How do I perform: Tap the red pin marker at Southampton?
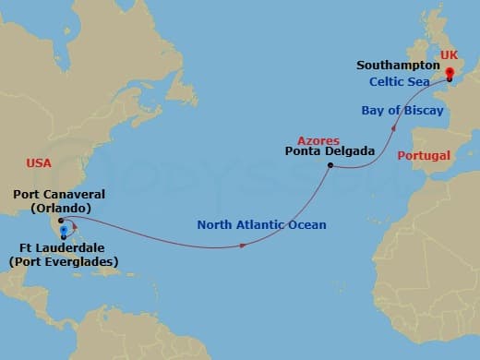click(x=450, y=73)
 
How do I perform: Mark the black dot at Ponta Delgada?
click(x=330, y=166)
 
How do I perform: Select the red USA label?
click(x=39, y=162)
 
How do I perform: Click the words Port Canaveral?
click(x=59, y=195)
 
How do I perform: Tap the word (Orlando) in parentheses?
click(x=57, y=209)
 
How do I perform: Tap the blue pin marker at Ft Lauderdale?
click(x=63, y=232)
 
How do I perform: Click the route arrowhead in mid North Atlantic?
click(x=243, y=246)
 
